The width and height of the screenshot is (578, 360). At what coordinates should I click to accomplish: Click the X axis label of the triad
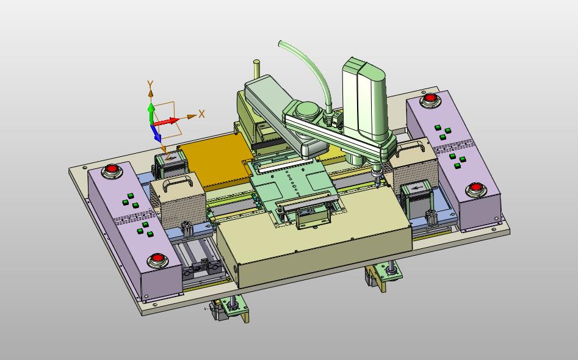point(201,114)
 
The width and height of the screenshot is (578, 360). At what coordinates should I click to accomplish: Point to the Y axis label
point(150,85)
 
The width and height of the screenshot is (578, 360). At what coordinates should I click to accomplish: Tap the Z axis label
point(168,156)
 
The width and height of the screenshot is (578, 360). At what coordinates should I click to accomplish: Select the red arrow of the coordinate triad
point(166,121)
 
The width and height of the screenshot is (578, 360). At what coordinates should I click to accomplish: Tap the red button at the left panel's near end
point(158,259)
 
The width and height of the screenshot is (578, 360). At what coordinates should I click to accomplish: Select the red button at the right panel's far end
point(430,98)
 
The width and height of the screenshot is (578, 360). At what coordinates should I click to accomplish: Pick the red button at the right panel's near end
point(474,189)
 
